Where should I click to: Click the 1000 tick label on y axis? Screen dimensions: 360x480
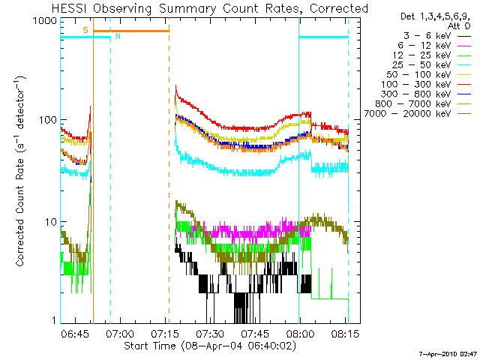point(43,22)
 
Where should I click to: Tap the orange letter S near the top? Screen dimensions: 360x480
point(85,29)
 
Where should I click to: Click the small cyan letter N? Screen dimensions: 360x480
point(117,36)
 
